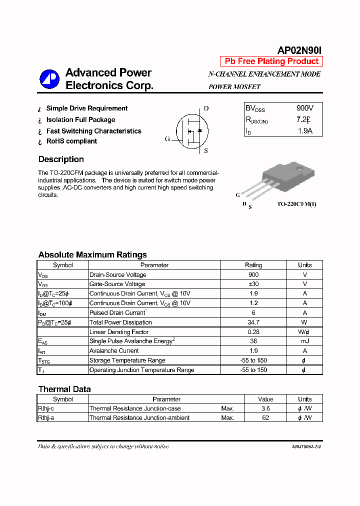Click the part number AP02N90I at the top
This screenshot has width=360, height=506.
click(x=300, y=50)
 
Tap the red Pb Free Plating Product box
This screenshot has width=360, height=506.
click(x=271, y=61)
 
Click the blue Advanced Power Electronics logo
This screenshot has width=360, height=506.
click(x=49, y=79)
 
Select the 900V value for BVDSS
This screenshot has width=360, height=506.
click(x=304, y=108)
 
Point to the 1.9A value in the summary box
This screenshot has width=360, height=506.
click(x=304, y=131)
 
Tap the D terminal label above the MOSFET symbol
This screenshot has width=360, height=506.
click(x=206, y=108)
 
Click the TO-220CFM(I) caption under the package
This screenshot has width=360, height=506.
click(x=296, y=204)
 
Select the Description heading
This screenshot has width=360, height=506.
click(x=61, y=159)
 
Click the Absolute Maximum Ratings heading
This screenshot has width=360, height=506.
click(x=92, y=255)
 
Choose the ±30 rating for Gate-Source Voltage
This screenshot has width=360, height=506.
click(x=253, y=284)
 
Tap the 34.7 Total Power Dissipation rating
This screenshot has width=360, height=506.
click(x=253, y=322)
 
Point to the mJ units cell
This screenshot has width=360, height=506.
click(x=304, y=341)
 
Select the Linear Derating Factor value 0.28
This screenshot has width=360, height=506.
click(x=253, y=332)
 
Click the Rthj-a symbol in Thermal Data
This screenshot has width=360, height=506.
click(x=46, y=418)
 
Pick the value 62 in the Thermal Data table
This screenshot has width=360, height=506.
click(x=265, y=418)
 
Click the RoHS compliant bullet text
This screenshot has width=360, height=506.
click(x=71, y=141)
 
